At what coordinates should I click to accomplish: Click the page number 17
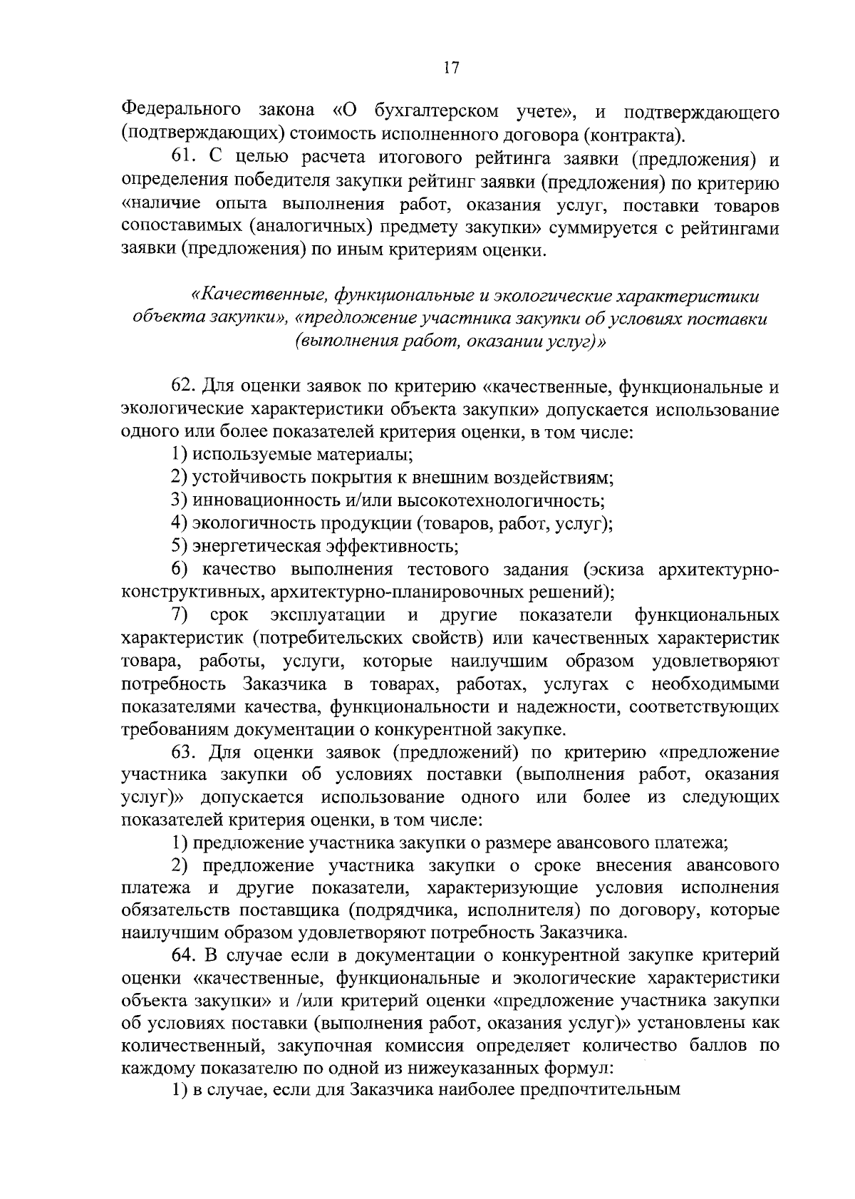coord(450,68)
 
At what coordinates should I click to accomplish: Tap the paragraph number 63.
coord(185,753)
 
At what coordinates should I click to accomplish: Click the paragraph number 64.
coord(185,954)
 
